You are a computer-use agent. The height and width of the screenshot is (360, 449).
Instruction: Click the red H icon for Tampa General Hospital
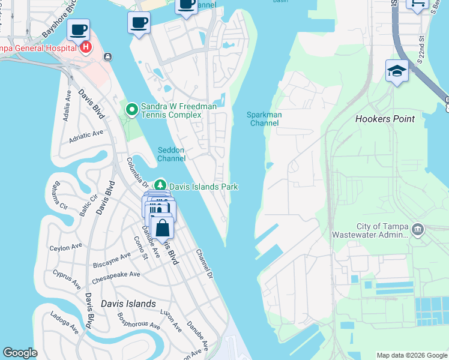tap(86, 47)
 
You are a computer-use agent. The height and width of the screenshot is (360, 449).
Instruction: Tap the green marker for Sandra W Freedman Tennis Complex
tap(131, 109)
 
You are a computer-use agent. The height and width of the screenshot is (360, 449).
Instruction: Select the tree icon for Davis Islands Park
tap(160, 187)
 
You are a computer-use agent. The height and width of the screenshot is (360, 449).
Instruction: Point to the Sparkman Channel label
tap(264, 119)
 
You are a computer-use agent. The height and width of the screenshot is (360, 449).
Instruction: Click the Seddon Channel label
tap(171, 154)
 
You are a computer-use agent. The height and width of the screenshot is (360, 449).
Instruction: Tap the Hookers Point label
tap(385, 119)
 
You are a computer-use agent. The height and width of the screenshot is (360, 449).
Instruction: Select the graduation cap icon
tap(397, 71)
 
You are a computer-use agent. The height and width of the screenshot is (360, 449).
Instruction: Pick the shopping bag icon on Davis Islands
tap(162, 229)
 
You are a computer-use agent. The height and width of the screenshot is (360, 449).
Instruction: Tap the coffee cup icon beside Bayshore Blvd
tap(78, 29)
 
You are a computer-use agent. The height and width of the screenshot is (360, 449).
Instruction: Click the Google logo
tap(20, 353)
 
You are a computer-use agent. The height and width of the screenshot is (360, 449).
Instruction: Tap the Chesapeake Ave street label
tap(116, 278)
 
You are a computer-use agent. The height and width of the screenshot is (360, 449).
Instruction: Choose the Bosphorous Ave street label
tap(139, 321)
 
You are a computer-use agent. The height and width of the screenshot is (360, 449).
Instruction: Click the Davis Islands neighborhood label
tap(128, 304)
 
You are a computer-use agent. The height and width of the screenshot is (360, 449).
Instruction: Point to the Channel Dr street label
tap(205, 264)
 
